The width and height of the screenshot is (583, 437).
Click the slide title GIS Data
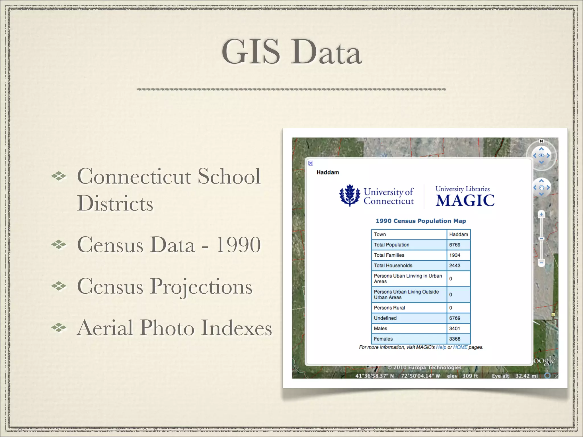click(x=291, y=52)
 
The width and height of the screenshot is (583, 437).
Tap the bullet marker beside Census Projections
click(x=59, y=286)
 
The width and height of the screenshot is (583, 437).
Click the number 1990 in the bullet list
click(x=238, y=245)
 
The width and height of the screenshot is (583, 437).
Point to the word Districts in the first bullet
click(x=115, y=203)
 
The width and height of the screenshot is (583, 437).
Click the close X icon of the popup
click(x=311, y=163)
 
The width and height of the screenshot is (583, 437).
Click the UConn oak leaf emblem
click(x=350, y=195)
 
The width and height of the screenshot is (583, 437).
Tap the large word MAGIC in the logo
click(x=465, y=201)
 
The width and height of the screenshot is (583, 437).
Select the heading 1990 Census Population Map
click(x=421, y=221)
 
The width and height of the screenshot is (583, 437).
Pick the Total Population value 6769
click(x=455, y=245)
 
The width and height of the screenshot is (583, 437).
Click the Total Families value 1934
click(x=455, y=255)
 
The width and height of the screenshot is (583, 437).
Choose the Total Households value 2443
click(x=455, y=265)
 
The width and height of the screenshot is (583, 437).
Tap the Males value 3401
click(x=455, y=328)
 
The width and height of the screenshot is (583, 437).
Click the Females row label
click(x=383, y=339)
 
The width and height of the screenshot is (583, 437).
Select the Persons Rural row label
click(x=389, y=308)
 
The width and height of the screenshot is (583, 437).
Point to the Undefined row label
click(x=385, y=318)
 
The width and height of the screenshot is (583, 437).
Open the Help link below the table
click(x=441, y=347)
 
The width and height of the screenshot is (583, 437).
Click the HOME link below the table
click(x=460, y=347)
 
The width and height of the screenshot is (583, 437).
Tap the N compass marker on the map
click(x=541, y=141)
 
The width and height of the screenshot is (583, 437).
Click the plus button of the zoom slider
click(x=541, y=214)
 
